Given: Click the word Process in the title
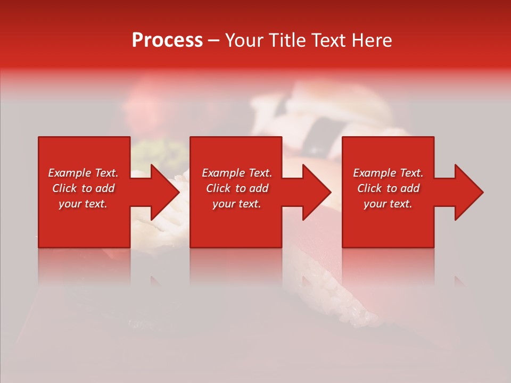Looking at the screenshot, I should pos(167,40).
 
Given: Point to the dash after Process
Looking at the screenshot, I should pos(213,41).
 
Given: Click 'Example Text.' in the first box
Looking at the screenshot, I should pos(83,173).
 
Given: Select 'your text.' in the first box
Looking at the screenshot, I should pos(83,204).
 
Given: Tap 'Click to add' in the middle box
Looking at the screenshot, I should pos(237,188).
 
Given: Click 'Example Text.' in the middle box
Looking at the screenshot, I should pos(237,173).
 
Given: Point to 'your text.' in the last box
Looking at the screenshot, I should pos(388,204).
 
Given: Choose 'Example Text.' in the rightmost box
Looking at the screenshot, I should pos(388,173).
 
